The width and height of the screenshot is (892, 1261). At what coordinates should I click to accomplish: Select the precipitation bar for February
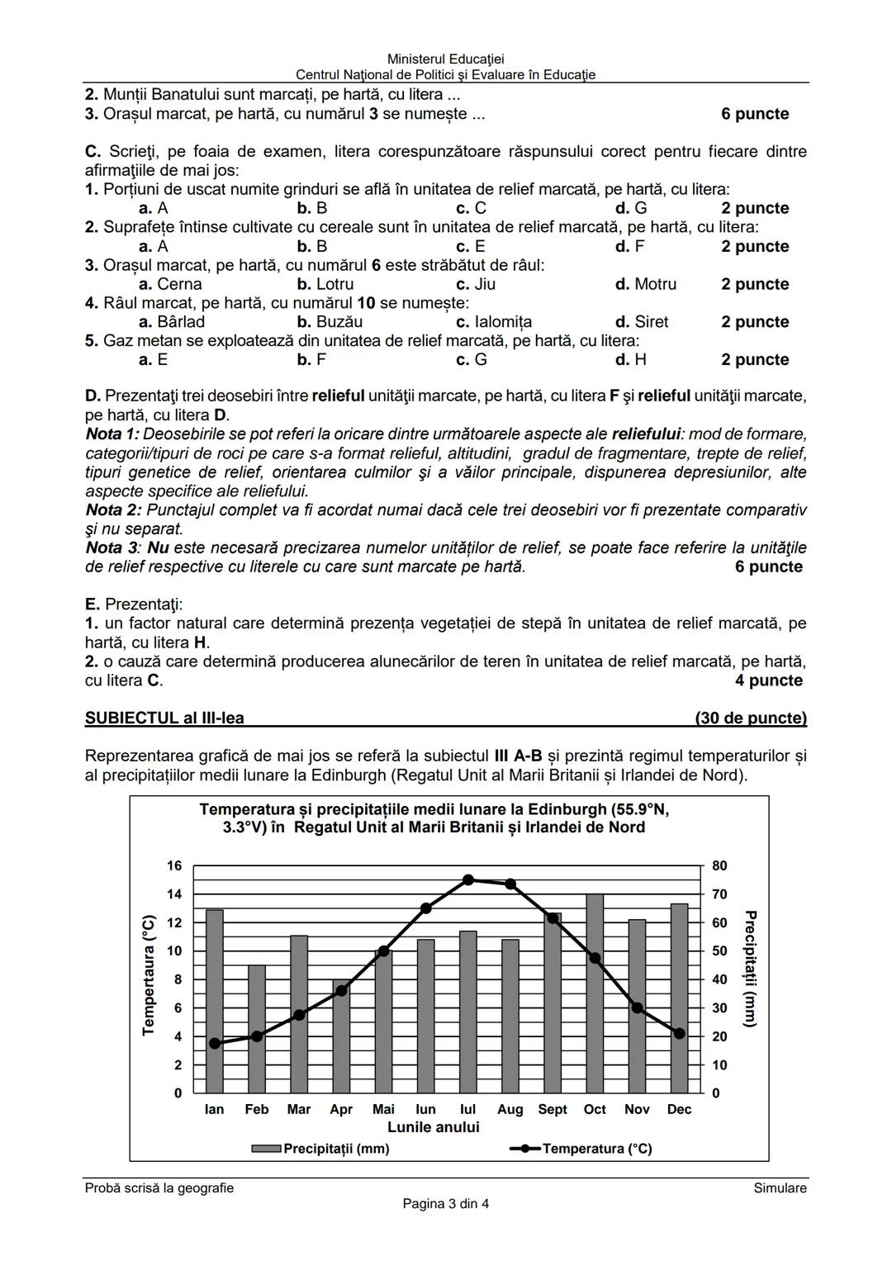(257, 1028)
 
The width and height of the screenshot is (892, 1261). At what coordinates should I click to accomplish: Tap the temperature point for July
(468, 879)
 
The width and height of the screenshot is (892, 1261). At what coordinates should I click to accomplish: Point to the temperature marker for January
(215, 1043)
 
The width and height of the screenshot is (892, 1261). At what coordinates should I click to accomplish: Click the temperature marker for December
(679, 1033)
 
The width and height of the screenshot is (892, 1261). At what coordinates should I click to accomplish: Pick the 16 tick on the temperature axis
(174, 865)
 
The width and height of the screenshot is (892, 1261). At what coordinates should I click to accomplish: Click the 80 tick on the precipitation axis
(719, 865)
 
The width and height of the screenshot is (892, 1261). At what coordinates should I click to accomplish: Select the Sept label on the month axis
(553, 1109)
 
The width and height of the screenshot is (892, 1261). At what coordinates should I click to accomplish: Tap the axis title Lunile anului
(433, 1127)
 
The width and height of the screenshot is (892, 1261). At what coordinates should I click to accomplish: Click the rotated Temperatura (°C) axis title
(149, 974)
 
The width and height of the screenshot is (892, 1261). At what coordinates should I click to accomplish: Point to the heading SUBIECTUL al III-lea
(164, 718)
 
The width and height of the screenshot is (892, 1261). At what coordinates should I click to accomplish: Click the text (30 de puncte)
(750, 718)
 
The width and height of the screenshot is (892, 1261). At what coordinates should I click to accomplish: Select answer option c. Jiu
(476, 284)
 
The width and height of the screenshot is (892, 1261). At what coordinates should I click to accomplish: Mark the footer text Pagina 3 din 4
(445, 1203)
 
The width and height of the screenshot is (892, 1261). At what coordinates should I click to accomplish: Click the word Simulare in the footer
(780, 1188)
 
